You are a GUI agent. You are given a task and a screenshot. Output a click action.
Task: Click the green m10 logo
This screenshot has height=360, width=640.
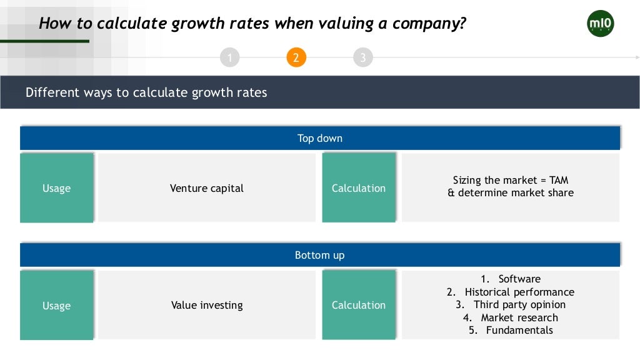pyautogui.click(x=601, y=24)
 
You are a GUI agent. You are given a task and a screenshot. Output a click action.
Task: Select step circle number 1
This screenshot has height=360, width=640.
pyautogui.click(x=230, y=58)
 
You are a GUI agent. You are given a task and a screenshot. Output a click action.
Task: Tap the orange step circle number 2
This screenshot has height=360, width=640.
pyautogui.click(x=296, y=58)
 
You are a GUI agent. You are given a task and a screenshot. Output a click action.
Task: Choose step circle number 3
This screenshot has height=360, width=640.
pyautogui.click(x=362, y=58)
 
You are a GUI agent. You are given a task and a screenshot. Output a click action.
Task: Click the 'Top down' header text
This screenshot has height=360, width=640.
pyautogui.click(x=319, y=138)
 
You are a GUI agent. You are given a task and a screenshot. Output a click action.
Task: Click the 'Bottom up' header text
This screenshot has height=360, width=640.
pyautogui.click(x=319, y=255)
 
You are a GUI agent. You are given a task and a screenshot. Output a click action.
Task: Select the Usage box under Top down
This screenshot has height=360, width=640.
pyautogui.click(x=57, y=188)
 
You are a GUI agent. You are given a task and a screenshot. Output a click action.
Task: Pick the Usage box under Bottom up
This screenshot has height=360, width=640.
pyautogui.click(x=57, y=306)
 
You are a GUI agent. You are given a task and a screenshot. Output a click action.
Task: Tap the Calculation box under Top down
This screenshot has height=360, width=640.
pyautogui.click(x=359, y=188)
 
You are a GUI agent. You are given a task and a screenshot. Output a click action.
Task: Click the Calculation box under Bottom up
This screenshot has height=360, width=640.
pyautogui.click(x=359, y=305)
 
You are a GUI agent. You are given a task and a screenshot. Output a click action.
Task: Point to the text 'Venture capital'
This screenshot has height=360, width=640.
pyautogui.click(x=207, y=188)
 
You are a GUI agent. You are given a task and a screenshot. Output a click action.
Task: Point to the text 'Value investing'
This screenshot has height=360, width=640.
pyautogui.click(x=207, y=306)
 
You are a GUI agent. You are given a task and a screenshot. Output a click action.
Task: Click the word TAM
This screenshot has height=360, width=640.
pyautogui.click(x=559, y=180)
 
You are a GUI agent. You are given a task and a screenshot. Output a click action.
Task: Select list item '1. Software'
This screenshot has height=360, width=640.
pyautogui.click(x=511, y=279)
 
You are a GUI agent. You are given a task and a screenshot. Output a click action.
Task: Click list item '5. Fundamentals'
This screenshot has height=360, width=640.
pyautogui.click(x=511, y=330)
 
